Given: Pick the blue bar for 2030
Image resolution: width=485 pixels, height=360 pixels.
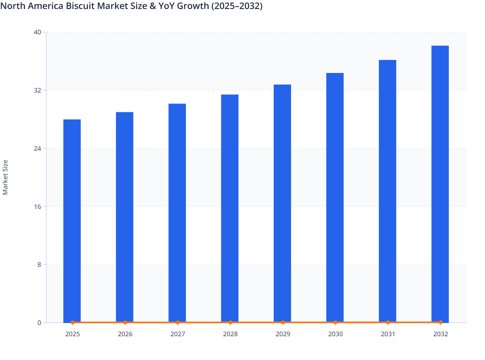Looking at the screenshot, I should [x=335, y=198].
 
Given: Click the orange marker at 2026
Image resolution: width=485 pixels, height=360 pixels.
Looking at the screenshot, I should [x=125, y=322].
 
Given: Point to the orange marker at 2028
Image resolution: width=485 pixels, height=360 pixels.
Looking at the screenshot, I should [x=230, y=322].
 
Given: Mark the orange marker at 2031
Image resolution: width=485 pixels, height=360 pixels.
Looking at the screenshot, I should [x=388, y=322].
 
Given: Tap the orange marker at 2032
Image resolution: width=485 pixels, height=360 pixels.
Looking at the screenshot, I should [x=440, y=322].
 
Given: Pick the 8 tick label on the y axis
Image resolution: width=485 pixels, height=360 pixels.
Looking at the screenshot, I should [x=39, y=265].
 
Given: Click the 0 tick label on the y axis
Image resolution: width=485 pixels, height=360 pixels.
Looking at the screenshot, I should [x=39, y=323].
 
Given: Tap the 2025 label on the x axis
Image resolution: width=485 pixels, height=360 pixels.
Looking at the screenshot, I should [x=72, y=334].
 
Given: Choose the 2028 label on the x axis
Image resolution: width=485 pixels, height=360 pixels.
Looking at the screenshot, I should [x=230, y=334].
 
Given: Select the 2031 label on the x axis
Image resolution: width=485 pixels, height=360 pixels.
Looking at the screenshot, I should [x=388, y=334].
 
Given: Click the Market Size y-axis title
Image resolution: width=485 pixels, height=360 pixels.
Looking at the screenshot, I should [x=5, y=177].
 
